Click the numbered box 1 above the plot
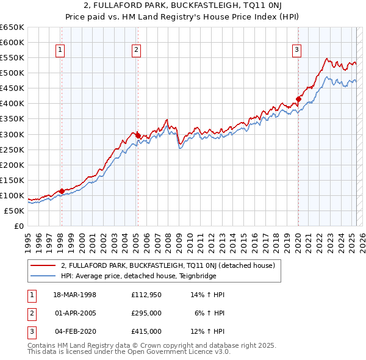pyautogui.click(x=61, y=51)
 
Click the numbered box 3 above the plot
pyautogui.click(x=296, y=51)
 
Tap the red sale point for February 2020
pyautogui.click(x=298, y=99)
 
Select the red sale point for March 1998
pyautogui.click(x=62, y=191)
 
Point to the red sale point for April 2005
pyautogui.click(x=137, y=135)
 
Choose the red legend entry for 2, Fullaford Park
pyautogui.click(x=168, y=265)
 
